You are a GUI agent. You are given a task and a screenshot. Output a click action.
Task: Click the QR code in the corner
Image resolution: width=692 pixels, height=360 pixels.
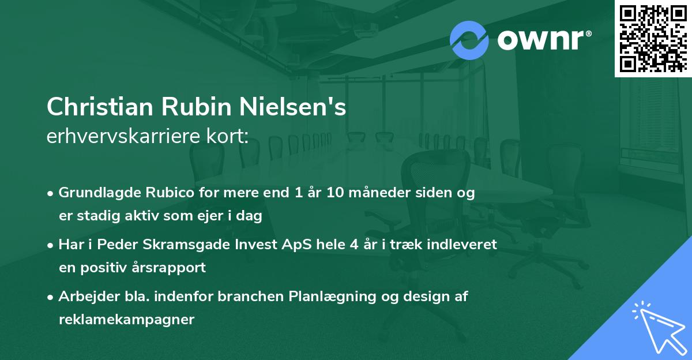coord(653,39)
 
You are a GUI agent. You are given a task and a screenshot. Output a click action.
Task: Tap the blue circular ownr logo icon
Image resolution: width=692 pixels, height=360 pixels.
coord(469,40)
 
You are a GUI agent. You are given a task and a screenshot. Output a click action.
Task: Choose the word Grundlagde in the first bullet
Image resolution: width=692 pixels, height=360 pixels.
coord(93,193)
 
